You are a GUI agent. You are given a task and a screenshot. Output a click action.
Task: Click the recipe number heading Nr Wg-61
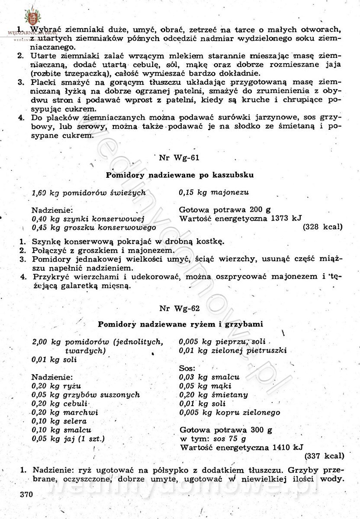[x=179, y=157]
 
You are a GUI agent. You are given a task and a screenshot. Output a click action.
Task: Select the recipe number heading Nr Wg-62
[x=179, y=308]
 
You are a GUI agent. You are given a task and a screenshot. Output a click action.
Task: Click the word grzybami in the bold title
[x=245, y=324]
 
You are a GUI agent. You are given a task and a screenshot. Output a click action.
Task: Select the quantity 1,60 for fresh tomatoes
[x=39, y=192]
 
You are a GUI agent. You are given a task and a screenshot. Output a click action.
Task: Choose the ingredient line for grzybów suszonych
[x=86, y=394]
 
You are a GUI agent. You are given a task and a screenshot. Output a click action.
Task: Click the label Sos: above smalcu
[x=187, y=368]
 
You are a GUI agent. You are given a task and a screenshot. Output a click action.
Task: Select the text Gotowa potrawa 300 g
[x=225, y=430]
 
